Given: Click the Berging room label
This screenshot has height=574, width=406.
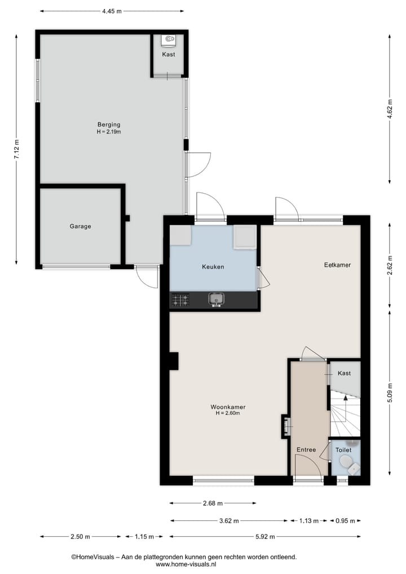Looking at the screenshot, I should click(109, 125).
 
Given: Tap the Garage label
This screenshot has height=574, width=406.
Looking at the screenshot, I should click(80, 226).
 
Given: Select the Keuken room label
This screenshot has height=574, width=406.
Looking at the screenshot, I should click(213, 267).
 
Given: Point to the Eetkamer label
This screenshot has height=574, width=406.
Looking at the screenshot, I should click(337, 265).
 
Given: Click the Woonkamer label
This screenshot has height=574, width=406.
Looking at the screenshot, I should click(228, 407).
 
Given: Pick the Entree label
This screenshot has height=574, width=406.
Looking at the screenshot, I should click(306, 449).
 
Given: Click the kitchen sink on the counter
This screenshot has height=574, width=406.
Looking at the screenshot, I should click(216, 299).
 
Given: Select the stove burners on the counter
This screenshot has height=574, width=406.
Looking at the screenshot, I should click(180, 300).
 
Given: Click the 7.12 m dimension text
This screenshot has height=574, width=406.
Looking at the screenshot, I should click(16, 149).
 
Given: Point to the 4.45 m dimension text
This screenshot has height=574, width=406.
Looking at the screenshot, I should click(112, 11).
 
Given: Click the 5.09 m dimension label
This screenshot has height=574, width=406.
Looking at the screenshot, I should click(390, 392).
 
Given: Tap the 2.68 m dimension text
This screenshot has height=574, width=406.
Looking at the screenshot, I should click(212, 503).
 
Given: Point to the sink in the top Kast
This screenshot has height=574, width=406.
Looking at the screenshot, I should click(169, 40).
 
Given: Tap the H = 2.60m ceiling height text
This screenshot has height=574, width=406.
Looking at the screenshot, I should click(228, 413).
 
